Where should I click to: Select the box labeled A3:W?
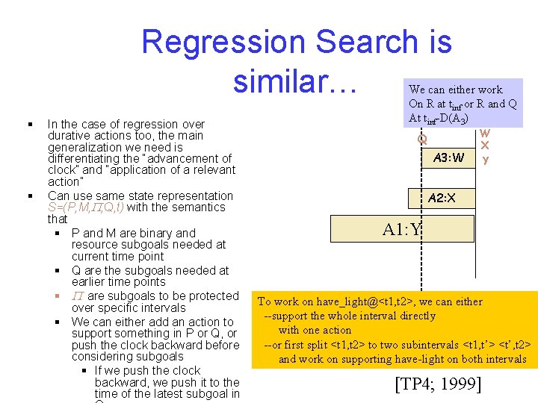point(448,157)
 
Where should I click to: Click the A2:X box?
point(441,198)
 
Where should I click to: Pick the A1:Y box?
point(402,230)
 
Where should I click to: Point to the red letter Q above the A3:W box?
point(422,139)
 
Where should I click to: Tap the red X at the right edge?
point(485,146)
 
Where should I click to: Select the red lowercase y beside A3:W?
point(485,159)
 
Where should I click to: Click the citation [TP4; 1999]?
point(437,385)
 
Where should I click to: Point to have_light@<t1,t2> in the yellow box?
point(351,302)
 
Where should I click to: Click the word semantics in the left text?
point(199,207)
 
